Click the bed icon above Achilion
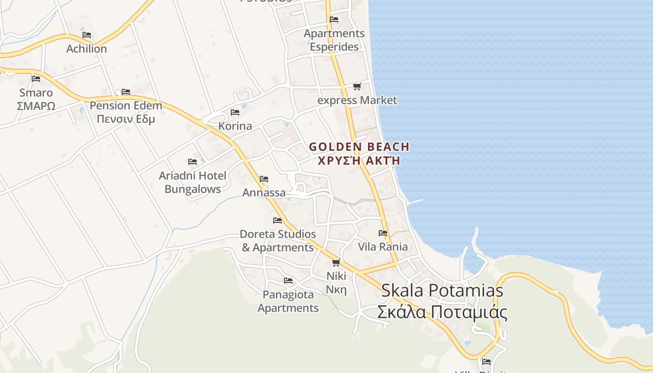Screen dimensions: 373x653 (x=86, y=35)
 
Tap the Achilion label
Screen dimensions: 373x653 (x=86, y=48)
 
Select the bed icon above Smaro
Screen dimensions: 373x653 (x=36, y=78)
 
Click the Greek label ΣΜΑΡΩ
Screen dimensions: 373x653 (x=36, y=106)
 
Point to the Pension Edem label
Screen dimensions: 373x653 (x=126, y=105)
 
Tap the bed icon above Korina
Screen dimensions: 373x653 (x=235, y=112)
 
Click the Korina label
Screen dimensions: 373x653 (x=235, y=126)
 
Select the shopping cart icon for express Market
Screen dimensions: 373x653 (x=357, y=86)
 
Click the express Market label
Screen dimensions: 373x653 (x=357, y=100)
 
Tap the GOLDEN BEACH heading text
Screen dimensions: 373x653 (x=359, y=147)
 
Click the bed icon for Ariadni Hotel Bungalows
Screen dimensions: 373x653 (x=193, y=162)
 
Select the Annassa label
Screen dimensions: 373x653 (x=264, y=193)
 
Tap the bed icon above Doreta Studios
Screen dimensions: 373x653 (x=278, y=220)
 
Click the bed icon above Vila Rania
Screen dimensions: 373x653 (x=383, y=233)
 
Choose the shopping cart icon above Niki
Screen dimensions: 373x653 (x=336, y=262)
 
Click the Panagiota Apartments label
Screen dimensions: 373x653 (x=288, y=301)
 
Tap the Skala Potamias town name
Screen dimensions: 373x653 (x=442, y=290)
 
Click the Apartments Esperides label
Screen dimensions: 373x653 (x=334, y=40)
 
